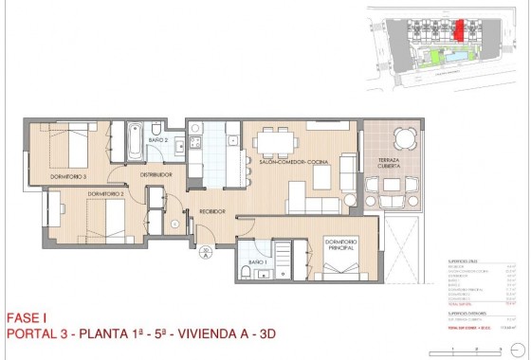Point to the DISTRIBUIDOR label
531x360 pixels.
coord(156,174)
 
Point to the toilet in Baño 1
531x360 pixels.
coord(246,273)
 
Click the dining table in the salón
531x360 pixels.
coord(276,142)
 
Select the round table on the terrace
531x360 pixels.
coord(405,140)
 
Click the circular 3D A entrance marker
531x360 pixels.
coord(204,252)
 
